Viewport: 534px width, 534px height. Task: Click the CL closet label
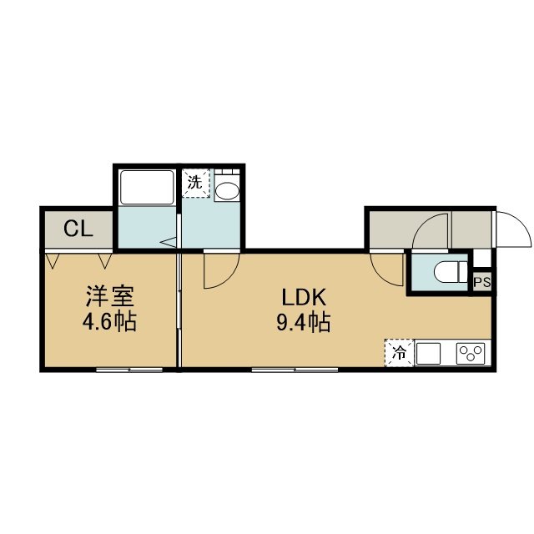pos(78,229)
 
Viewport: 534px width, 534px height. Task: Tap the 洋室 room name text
pos(110,296)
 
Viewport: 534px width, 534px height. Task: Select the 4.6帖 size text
pos(109,321)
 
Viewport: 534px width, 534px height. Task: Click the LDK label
pos(304,297)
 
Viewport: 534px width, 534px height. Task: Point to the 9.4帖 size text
pos(303,322)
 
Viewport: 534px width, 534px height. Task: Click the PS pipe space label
pos(482,282)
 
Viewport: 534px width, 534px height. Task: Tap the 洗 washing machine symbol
pos(195,183)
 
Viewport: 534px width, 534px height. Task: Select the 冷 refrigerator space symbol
pos(399,353)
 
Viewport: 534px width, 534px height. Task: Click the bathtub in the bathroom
pos(147,187)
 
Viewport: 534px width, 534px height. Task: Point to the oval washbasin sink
pos(227,192)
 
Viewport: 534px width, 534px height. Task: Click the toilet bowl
pos(451,272)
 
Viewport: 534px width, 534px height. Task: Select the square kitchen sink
pos(428,353)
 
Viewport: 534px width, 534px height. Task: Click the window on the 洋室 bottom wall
pos(129,370)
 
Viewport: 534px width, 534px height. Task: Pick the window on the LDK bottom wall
pos(295,370)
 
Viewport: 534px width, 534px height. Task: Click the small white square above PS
pos(482,258)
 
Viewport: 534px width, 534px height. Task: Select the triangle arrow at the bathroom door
pos(169,243)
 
